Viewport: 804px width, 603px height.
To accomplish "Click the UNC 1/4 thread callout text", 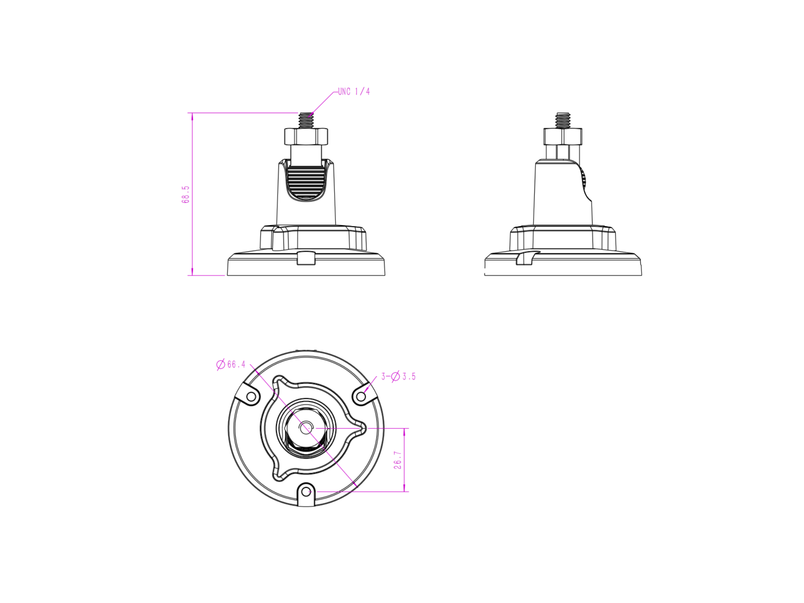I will pos(354,92).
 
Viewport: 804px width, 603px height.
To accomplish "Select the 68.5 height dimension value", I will pos(186,194).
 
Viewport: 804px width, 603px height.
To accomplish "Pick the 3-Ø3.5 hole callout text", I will pos(398,376).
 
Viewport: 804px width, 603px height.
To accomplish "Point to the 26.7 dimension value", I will pos(397,460).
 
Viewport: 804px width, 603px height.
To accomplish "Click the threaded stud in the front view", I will pos(306,121).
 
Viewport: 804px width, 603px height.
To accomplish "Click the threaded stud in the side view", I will pos(563,121).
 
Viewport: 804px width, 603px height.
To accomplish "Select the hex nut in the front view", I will pos(306,137).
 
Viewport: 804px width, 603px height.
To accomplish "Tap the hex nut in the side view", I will pos(563,137).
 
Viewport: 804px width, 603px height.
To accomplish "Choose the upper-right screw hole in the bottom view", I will pos(361,396).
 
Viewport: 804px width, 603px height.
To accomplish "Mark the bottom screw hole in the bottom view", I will pos(306,491).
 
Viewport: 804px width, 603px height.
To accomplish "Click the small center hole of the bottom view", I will pos(306,428).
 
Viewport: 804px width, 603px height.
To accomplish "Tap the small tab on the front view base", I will pos(306,258).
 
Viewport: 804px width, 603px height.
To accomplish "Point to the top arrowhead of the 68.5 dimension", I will pos(192,116).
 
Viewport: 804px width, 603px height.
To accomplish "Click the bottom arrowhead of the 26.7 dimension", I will pos(404,488).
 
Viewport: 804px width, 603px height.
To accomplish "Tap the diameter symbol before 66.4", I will pos(221,364).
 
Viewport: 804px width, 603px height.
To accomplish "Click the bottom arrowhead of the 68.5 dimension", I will pos(192,272).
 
